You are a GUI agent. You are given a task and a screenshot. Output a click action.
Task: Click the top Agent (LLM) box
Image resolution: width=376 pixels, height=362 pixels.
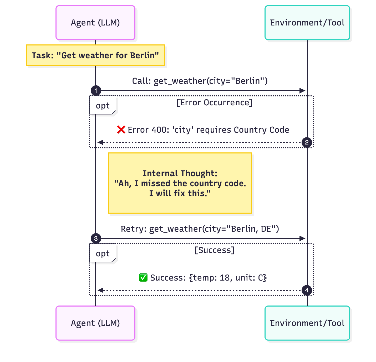95,23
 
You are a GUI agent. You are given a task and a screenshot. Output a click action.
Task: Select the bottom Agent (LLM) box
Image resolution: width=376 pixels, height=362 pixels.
95,323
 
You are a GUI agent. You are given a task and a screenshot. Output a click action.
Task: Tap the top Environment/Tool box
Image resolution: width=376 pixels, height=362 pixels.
307,23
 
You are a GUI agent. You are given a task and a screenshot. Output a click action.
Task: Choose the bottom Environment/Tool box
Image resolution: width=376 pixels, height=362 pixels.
307,323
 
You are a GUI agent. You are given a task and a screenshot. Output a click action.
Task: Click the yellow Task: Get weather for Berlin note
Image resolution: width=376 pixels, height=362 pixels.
95,55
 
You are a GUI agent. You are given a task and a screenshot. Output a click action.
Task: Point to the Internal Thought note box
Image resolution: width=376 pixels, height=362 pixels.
180,183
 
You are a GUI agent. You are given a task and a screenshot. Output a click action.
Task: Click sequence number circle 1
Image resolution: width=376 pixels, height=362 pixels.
96,91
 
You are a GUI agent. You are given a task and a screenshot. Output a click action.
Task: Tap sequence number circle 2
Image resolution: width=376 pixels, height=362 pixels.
307,143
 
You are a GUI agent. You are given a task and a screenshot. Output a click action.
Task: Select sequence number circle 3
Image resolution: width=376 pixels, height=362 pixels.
96,239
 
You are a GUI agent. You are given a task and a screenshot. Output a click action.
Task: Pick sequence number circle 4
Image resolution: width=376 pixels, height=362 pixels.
307,290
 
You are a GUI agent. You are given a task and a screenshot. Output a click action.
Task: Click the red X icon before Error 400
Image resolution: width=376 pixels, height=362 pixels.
121,130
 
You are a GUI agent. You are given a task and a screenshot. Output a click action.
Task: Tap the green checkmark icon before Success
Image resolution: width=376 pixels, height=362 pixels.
143,278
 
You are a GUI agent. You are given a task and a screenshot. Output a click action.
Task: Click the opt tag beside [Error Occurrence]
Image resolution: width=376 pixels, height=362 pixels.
103,106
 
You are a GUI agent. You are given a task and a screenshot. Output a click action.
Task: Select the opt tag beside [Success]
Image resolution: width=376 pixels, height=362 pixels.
103,254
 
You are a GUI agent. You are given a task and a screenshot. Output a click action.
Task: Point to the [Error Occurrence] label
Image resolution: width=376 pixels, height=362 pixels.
214,102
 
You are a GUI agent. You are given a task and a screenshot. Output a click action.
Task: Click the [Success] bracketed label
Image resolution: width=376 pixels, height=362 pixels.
214,250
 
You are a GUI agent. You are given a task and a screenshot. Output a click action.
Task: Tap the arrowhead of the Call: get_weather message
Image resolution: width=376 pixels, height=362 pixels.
302,91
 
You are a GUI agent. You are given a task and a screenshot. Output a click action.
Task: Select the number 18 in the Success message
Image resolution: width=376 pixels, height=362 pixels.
225,278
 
